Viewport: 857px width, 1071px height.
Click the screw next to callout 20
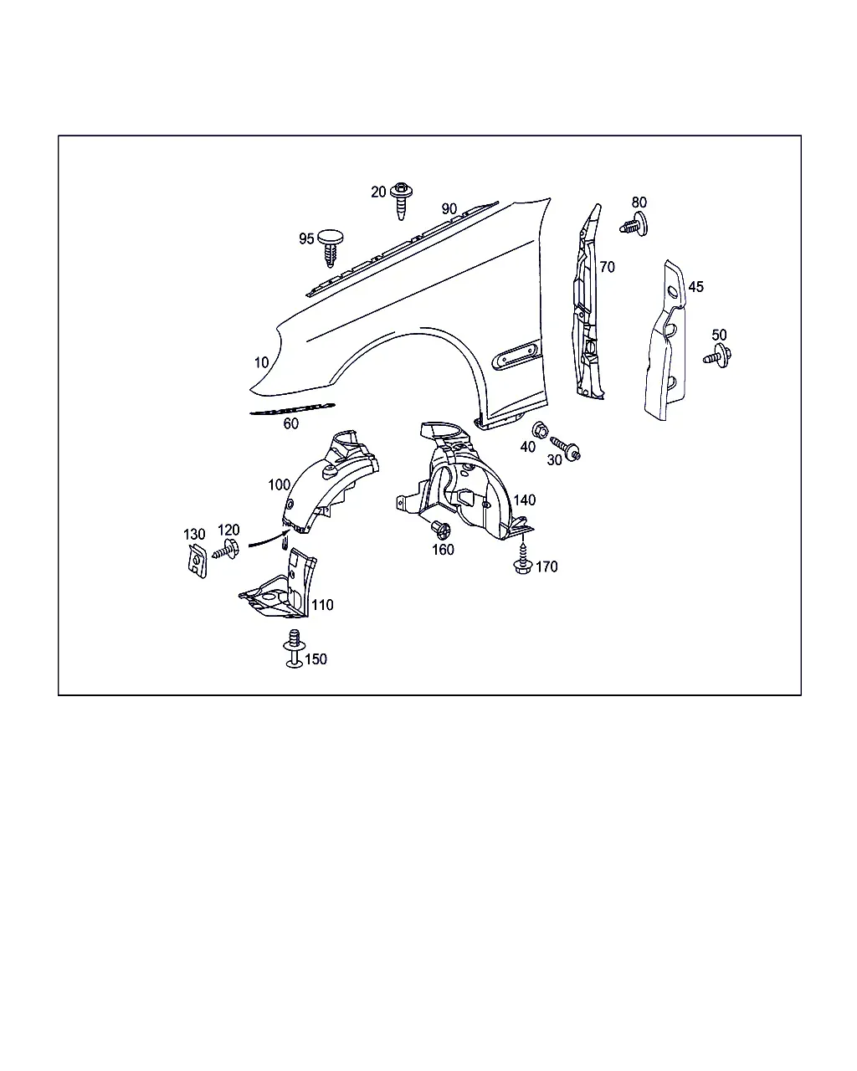[401, 200]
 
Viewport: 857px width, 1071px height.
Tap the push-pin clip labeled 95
[331, 248]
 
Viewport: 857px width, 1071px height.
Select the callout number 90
[449, 209]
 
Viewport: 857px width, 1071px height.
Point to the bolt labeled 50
[717, 356]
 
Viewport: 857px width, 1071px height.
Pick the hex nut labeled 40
[540, 429]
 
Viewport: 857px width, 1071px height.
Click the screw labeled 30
[566, 448]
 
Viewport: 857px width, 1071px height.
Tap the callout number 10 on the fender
[261, 363]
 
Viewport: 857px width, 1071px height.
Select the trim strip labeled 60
[292, 409]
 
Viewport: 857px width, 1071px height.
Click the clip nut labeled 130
[197, 561]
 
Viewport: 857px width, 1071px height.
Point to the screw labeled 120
[226, 550]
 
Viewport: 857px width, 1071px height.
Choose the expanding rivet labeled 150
[294, 648]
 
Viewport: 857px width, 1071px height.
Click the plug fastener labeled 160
[441, 529]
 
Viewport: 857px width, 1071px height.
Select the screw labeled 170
[522, 560]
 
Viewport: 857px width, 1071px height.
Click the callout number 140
[525, 500]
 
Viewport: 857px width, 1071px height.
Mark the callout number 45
[695, 287]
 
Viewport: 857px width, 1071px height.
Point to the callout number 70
[607, 267]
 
